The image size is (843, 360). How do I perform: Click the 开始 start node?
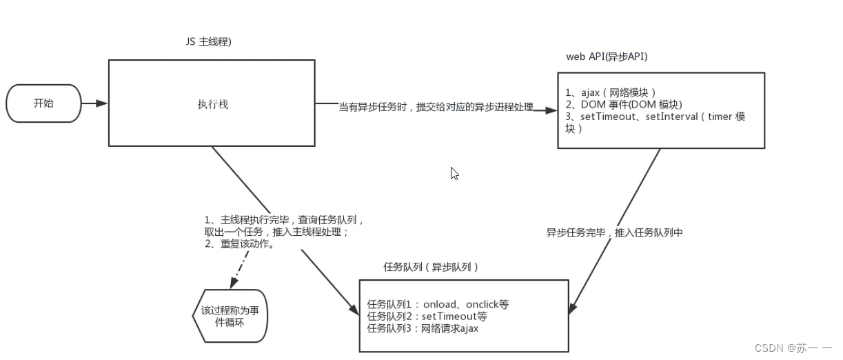43,103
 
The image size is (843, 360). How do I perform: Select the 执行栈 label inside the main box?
212,105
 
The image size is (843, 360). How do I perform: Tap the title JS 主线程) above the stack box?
207,41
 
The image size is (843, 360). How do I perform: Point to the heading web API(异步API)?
607,57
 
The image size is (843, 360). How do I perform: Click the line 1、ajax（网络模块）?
611,92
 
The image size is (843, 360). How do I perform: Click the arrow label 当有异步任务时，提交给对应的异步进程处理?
436,108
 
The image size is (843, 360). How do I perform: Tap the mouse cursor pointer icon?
454,173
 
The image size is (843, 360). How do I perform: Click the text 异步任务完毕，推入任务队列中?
615,233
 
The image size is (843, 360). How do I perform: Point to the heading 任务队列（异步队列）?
431,267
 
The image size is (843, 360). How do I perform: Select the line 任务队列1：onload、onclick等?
438,304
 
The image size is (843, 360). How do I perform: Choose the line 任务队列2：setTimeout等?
427,317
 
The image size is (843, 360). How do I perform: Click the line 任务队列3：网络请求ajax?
423,328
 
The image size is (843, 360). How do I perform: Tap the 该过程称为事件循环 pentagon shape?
230,316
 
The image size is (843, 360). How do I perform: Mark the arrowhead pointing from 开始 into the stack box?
102,103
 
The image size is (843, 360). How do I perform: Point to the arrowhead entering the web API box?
551,109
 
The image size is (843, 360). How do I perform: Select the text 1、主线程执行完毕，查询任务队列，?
284,221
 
